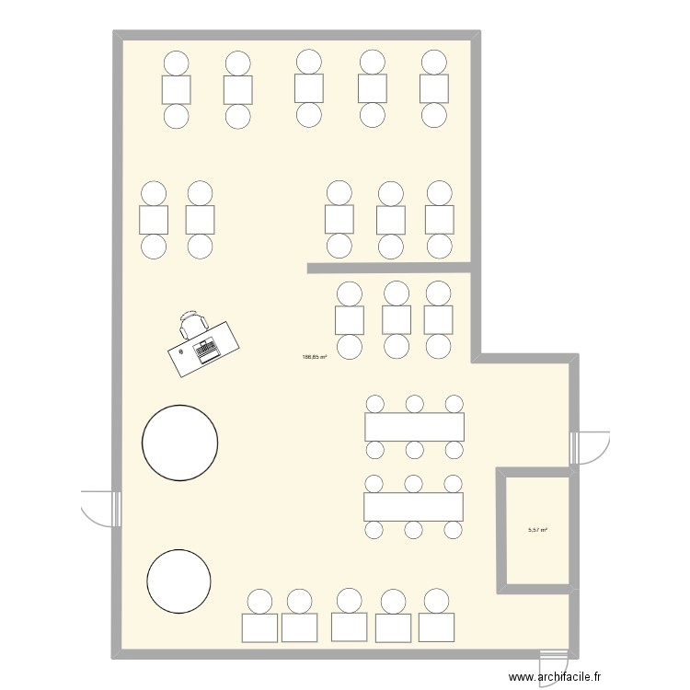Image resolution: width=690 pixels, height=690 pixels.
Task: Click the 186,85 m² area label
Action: [x=315, y=358]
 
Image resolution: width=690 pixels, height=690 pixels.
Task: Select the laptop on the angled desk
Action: [x=204, y=349]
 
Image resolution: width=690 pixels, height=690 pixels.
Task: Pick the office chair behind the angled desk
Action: [x=192, y=323]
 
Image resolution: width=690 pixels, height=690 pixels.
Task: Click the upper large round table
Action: [x=180, y=443]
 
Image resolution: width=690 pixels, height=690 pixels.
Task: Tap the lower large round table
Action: [x=179, y=581]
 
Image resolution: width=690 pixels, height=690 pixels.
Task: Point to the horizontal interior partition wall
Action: [x=391, y=269]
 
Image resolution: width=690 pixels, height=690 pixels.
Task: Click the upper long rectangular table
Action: [x=414, y=427]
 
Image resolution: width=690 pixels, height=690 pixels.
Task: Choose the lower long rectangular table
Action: [x=413, y=507]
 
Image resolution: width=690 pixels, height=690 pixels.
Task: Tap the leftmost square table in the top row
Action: [x=176, y=89]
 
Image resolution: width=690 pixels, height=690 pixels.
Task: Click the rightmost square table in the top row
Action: [x=433, y=88]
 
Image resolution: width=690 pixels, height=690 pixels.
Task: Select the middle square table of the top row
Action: [x=309, y=88]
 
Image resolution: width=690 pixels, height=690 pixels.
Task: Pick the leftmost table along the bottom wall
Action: [x=259, y=627]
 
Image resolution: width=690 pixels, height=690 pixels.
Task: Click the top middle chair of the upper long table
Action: [x=414, y=404]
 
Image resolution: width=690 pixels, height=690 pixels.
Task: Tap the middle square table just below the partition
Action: [x=397, y=319]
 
